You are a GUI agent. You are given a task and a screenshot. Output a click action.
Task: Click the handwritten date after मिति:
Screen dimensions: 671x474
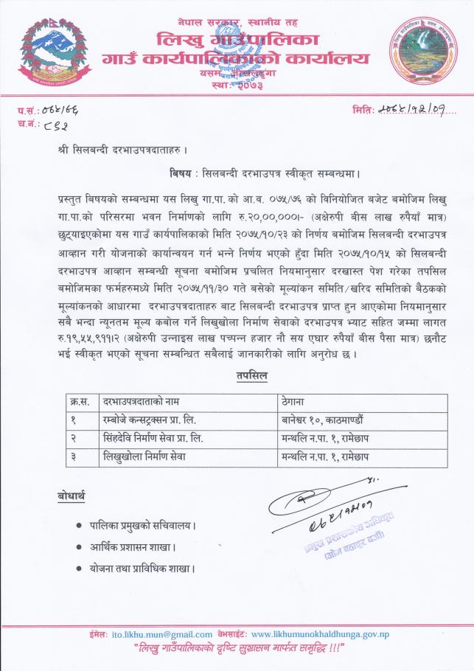click(x=414, y=111)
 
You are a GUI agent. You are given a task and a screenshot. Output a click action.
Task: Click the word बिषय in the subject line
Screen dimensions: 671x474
click(x=181, y=174)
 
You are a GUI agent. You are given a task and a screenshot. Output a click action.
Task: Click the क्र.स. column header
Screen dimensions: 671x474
click(x=79, y=403)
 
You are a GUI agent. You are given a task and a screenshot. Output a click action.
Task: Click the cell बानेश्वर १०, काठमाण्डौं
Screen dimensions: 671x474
click(x=321, y=420)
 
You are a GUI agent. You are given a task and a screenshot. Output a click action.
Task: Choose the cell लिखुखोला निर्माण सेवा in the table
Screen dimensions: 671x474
click(x=144, y=456)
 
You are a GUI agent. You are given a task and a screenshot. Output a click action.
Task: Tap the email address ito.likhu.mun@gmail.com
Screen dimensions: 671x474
click(x=168, y=634)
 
